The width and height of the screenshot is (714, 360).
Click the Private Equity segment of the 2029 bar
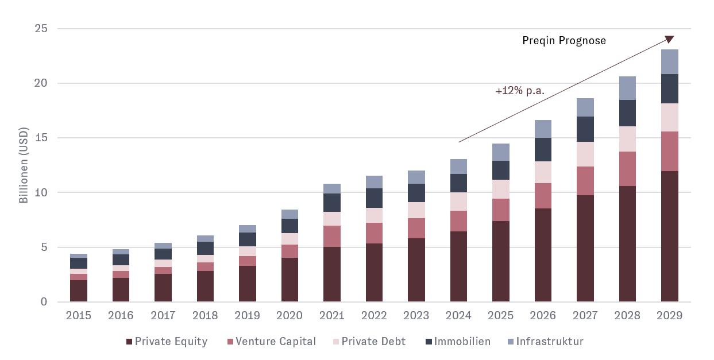point(669,236)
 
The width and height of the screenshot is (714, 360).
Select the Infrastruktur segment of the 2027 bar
point(585,107)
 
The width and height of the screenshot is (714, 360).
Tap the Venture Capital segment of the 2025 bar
point(500,210)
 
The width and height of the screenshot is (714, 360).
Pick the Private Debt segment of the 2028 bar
point(627,139)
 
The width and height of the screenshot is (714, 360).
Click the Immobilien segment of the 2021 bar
point(331,203)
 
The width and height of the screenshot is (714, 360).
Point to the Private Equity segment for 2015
point(78,291)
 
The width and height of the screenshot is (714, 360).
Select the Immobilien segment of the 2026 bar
point(543,150)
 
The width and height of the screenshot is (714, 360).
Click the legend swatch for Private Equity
point(129,342)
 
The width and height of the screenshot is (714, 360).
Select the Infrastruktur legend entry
point(550,342)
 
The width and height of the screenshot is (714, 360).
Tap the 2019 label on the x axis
point(247,316)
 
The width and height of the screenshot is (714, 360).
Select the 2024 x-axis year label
point(458,316)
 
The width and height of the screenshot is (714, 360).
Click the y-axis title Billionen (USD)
point(24,165)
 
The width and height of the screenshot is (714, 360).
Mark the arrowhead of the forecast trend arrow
point(670,39)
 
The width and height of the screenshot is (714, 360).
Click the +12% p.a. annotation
point(520,91)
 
